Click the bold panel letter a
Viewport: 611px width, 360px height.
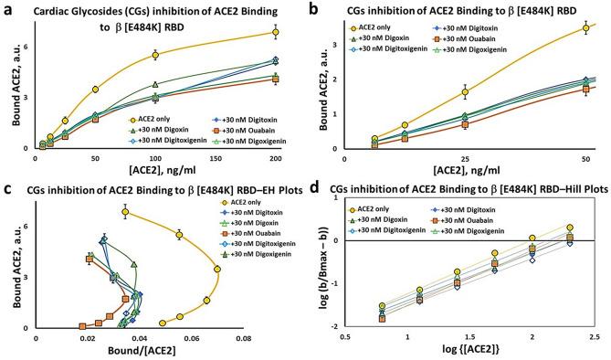(x=7, y=8)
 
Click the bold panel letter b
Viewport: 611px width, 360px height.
(x=321, y=8)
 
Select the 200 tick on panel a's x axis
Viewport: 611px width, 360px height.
(x=275, y=159)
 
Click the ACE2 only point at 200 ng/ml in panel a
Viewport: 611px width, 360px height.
(x=275, y=32)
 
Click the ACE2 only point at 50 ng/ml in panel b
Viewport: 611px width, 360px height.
(x=585, y=28)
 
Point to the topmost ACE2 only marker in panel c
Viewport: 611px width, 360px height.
(x=125, y=213)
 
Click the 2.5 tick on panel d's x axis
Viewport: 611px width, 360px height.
(x=593, y=338)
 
